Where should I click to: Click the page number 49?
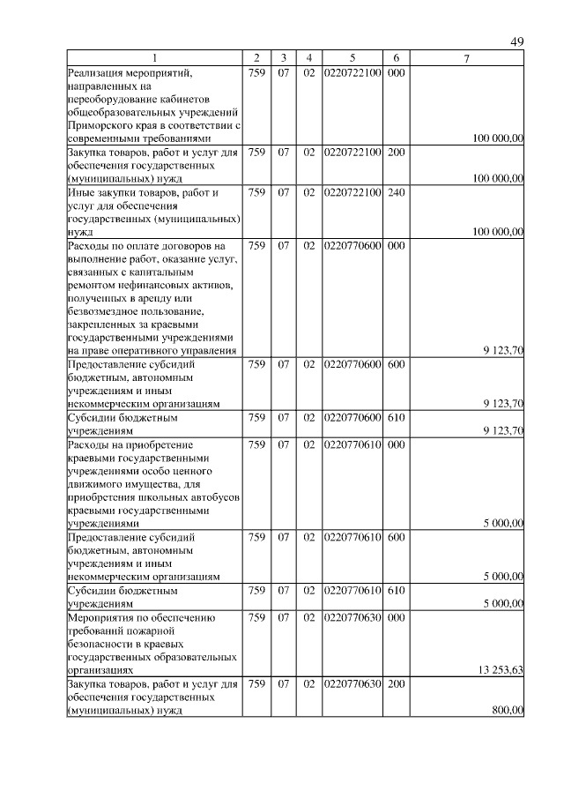517,42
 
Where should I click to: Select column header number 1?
155,58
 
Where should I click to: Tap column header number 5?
352,58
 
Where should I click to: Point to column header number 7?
467,58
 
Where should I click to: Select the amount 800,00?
508,711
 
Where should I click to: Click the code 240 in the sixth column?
396,192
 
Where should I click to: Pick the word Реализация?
97,73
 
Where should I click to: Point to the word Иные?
80,192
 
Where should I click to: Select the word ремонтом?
91,285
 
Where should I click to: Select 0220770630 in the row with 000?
352,617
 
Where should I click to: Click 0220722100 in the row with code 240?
352,192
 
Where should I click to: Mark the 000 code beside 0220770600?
396,245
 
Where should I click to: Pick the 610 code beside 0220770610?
396,591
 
